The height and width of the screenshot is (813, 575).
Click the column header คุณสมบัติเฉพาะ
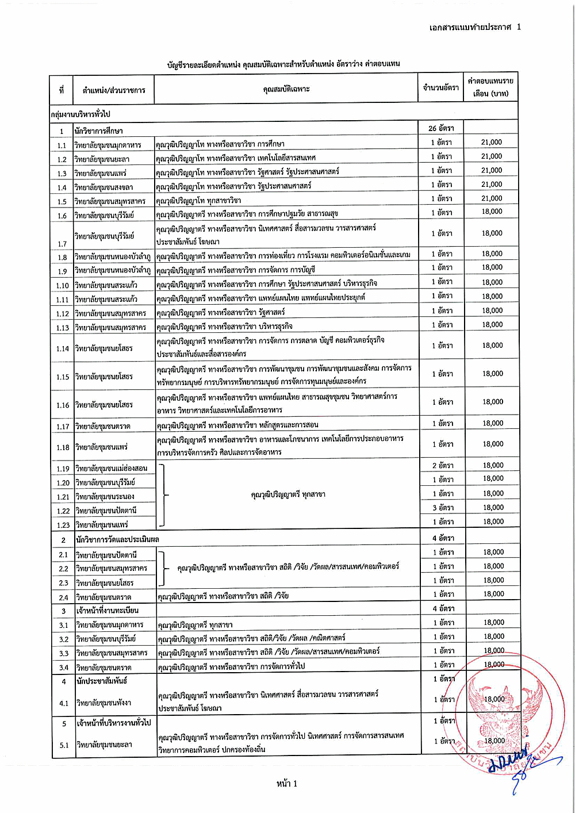point(286,89)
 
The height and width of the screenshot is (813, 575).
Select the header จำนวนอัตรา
point(440,87)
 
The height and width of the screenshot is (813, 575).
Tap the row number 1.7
point(62,244)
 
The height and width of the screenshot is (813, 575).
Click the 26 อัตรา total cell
point(440,128)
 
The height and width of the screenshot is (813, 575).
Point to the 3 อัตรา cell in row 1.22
point(443,508)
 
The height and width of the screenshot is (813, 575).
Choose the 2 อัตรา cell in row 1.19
point(443,466)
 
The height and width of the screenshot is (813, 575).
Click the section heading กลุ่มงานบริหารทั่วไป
point(80,114)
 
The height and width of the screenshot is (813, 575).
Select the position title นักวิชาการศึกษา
point(98,131)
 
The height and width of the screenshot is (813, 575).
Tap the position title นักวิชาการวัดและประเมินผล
point(117,539)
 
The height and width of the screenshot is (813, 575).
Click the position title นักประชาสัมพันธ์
point(102,681)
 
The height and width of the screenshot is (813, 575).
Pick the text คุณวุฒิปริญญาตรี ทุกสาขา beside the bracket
point(288,494)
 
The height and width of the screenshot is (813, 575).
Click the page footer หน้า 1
point(287,783)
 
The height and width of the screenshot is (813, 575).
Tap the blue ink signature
point(517,762)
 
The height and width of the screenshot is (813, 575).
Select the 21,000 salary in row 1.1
point(492,143)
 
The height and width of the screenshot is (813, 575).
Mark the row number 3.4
point(63,668)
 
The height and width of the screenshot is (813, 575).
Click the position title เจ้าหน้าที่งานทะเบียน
point(108,610)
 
